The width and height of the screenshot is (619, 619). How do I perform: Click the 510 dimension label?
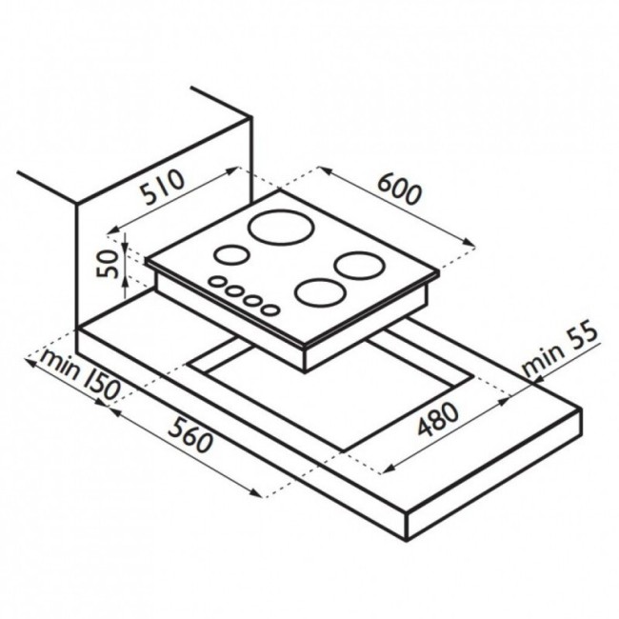(164, 188)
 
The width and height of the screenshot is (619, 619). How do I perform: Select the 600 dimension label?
(400, 190)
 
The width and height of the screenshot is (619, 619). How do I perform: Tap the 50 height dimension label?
(108, 265)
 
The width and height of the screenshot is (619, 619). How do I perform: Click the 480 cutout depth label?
(439, 418)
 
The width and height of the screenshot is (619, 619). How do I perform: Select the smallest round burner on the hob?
(231, 254)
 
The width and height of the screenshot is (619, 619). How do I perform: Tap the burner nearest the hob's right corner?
(359, 266)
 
